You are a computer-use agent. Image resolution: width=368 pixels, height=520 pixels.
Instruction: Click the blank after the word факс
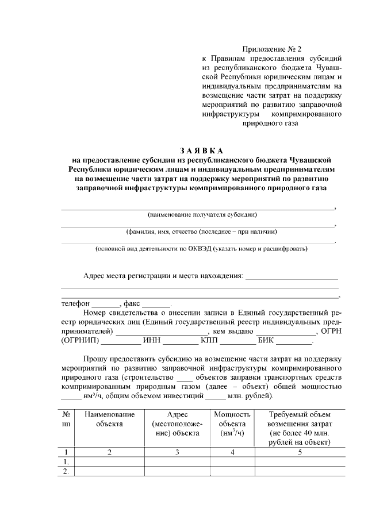156,303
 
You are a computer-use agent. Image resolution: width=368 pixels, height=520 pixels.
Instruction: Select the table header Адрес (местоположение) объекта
177,423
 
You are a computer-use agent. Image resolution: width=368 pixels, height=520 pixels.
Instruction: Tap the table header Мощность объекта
232,423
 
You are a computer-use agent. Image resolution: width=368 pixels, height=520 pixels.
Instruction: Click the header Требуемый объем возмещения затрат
300,428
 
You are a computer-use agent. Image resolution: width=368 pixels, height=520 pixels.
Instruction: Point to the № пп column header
67,419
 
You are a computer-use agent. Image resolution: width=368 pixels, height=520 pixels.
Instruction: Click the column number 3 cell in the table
177,452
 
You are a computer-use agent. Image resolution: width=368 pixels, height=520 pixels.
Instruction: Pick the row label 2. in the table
67,471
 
